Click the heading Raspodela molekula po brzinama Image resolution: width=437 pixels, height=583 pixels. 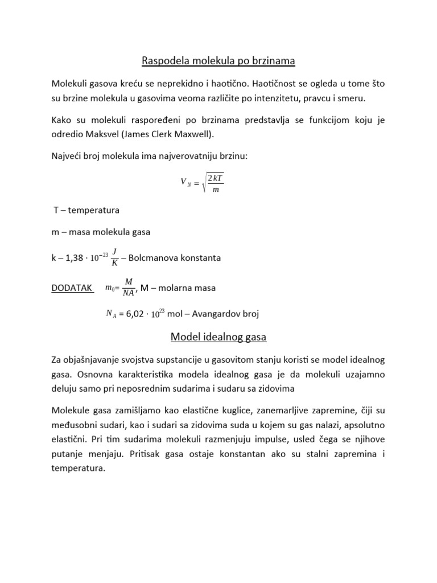pos(218,60)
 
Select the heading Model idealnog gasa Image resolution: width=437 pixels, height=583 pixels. pos(218,337)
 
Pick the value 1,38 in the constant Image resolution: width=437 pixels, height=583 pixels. pos(75,258)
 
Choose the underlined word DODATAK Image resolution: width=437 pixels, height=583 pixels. pos(72,288)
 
